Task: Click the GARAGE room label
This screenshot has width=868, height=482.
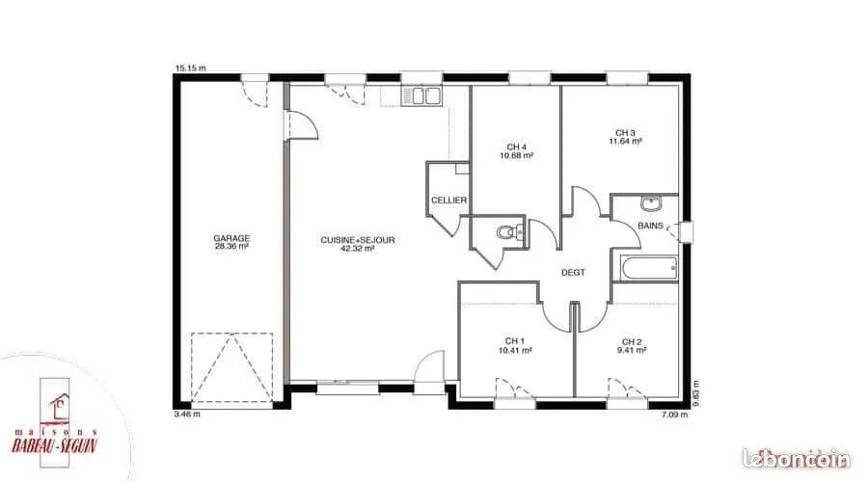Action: [x=231, y=238]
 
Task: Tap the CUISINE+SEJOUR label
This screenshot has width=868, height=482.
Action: [x=358, y=240]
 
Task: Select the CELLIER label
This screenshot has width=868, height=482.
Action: [x=448, y=200]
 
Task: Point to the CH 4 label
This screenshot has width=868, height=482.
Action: [x=517, y=147]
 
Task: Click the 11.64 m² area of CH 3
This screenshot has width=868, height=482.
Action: [x=626, y=141]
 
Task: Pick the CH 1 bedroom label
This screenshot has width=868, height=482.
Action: [x=515, y=341]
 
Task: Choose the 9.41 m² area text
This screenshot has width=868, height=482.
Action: [x=632, y=350]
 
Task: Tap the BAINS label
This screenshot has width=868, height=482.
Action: [x=650, y=226]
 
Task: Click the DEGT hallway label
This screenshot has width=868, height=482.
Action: [x=573, y=272]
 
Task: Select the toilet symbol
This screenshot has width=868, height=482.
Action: [x=510, y=232]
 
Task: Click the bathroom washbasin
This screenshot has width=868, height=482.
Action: [x=651, y=203]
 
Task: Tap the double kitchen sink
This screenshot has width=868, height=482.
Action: [x=421, y=96]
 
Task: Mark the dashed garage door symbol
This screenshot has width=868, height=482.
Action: [x=231, y=367]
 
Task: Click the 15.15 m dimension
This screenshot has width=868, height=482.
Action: [x=190, y=68]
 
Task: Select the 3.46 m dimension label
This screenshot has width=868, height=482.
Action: [x=187, y=414]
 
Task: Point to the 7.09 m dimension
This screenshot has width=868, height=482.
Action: [x=675, y=415]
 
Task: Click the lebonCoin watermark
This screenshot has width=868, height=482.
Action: [x=796, y=459]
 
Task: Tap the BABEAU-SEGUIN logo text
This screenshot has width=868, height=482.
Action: [x=55, y=445]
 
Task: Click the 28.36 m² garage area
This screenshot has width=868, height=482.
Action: [x=231, y=247]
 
